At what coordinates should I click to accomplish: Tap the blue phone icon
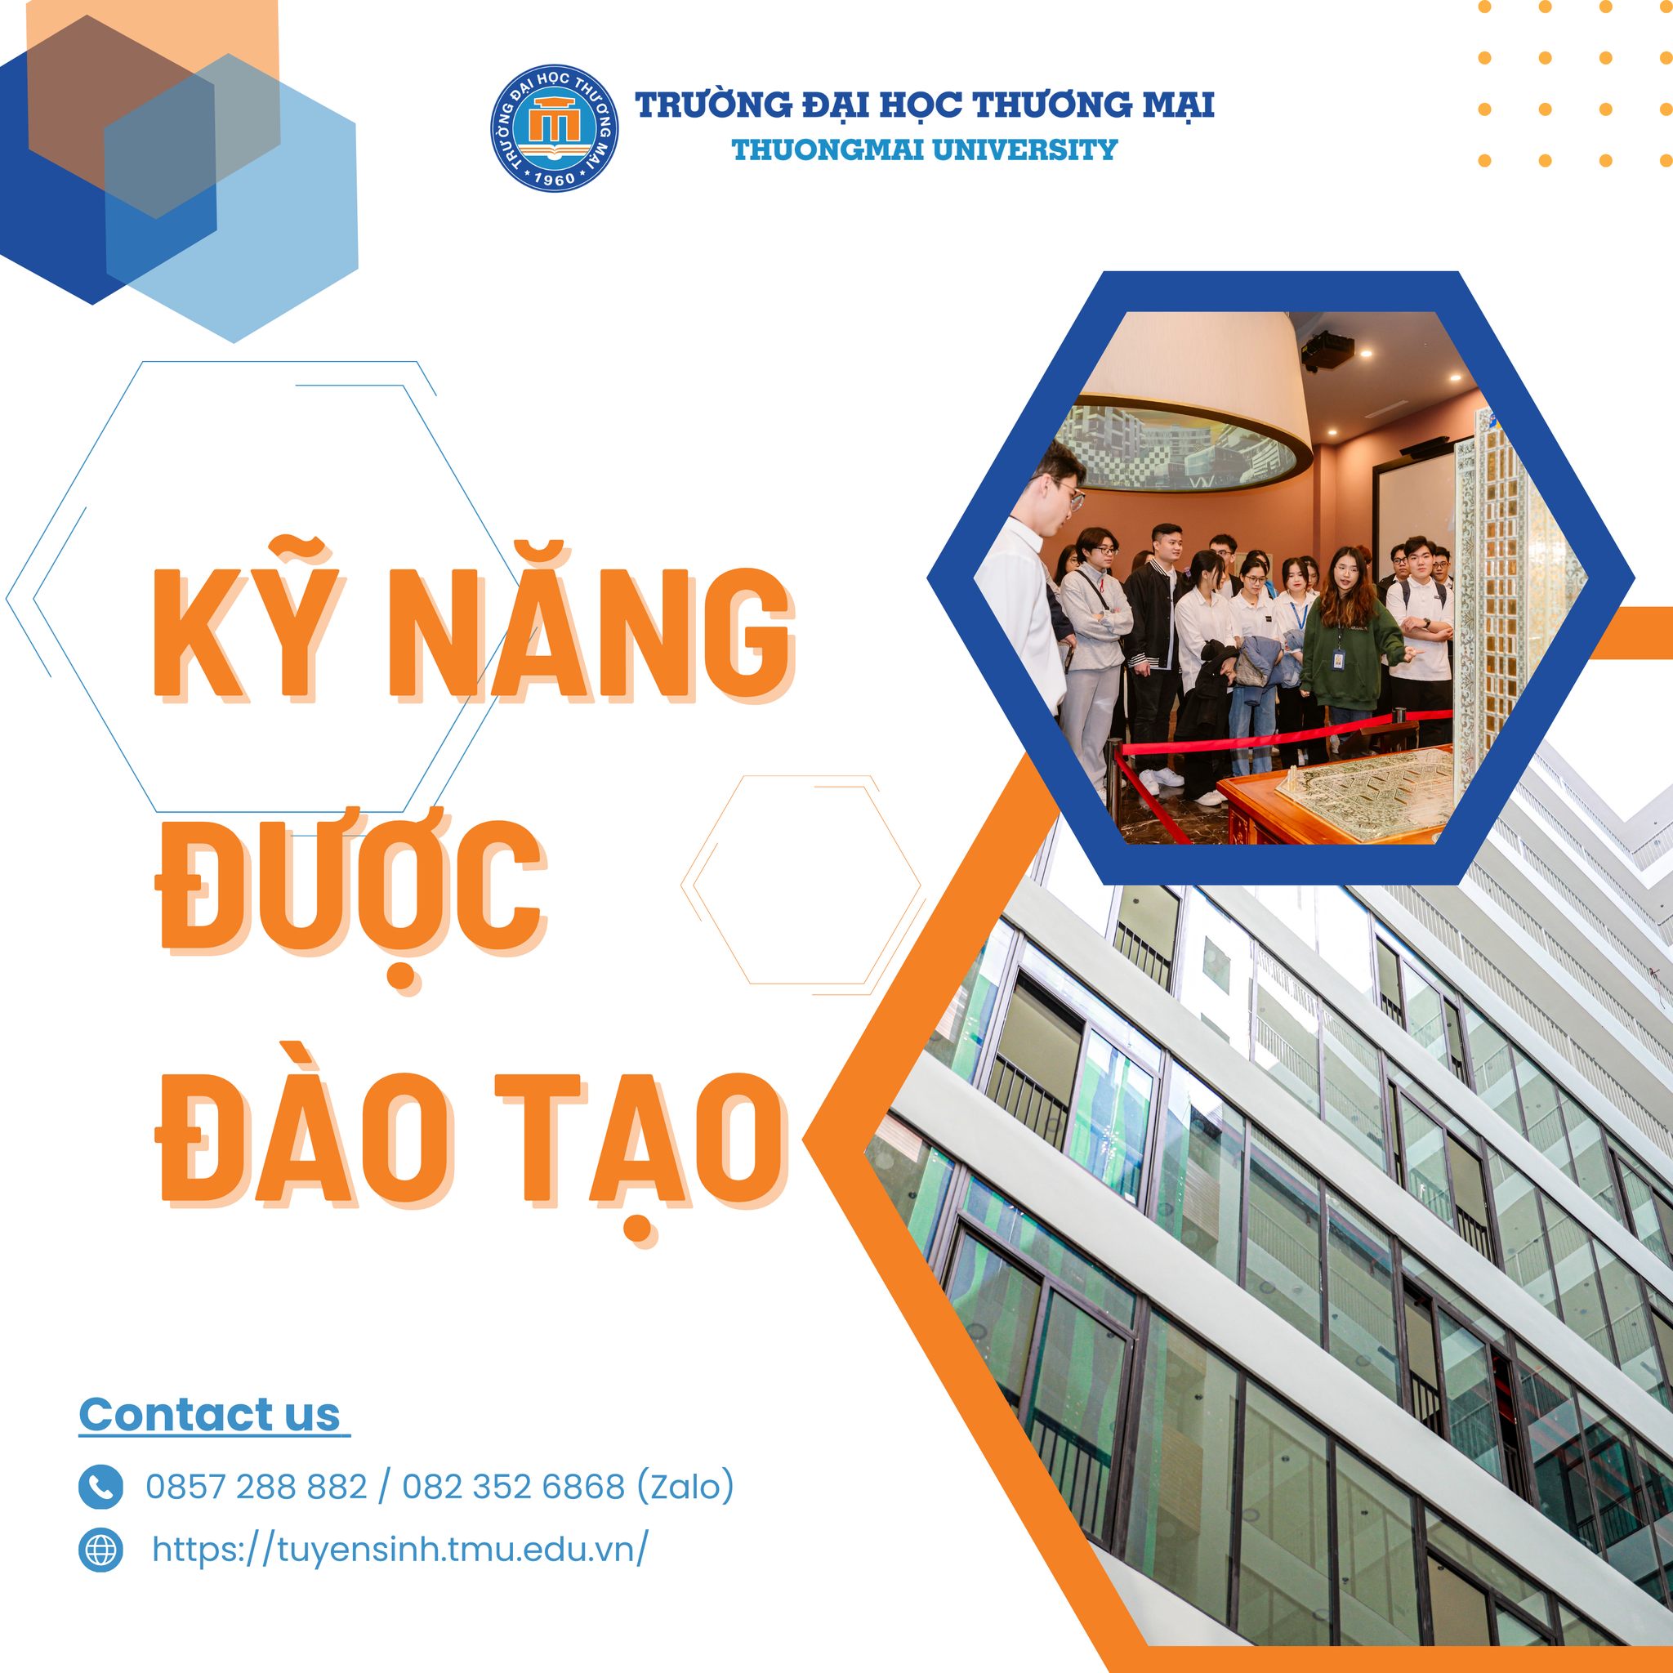[100, 1486]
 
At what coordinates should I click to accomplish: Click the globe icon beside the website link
[100, 1549]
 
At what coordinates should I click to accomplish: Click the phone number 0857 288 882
[257, 1486]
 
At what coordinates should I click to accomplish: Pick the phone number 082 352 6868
[514, 1486]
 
